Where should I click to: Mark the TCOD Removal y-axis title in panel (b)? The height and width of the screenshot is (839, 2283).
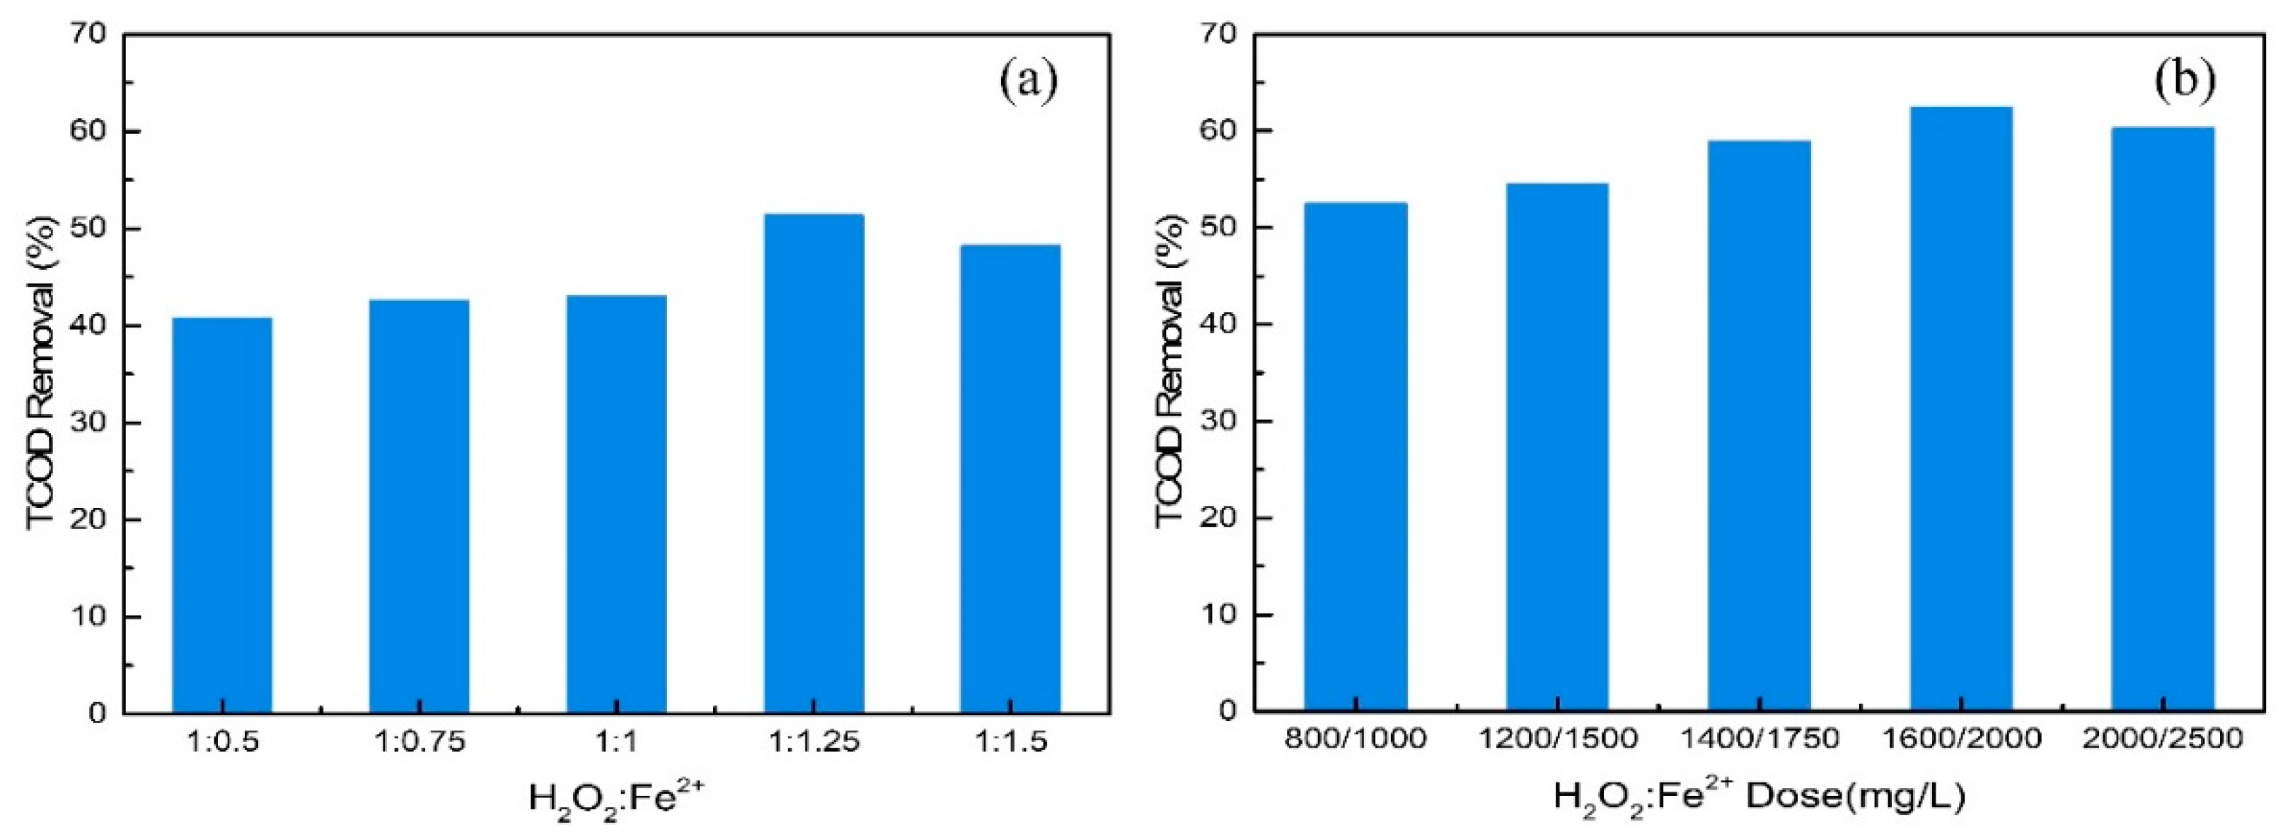1172,372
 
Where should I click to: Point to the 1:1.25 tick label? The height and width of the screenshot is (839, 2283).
814,741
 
